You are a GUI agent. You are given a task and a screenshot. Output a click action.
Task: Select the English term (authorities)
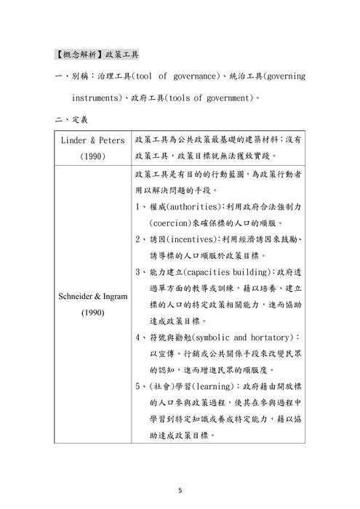[191, 206]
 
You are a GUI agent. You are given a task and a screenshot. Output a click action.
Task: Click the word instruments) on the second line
[102, 97]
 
